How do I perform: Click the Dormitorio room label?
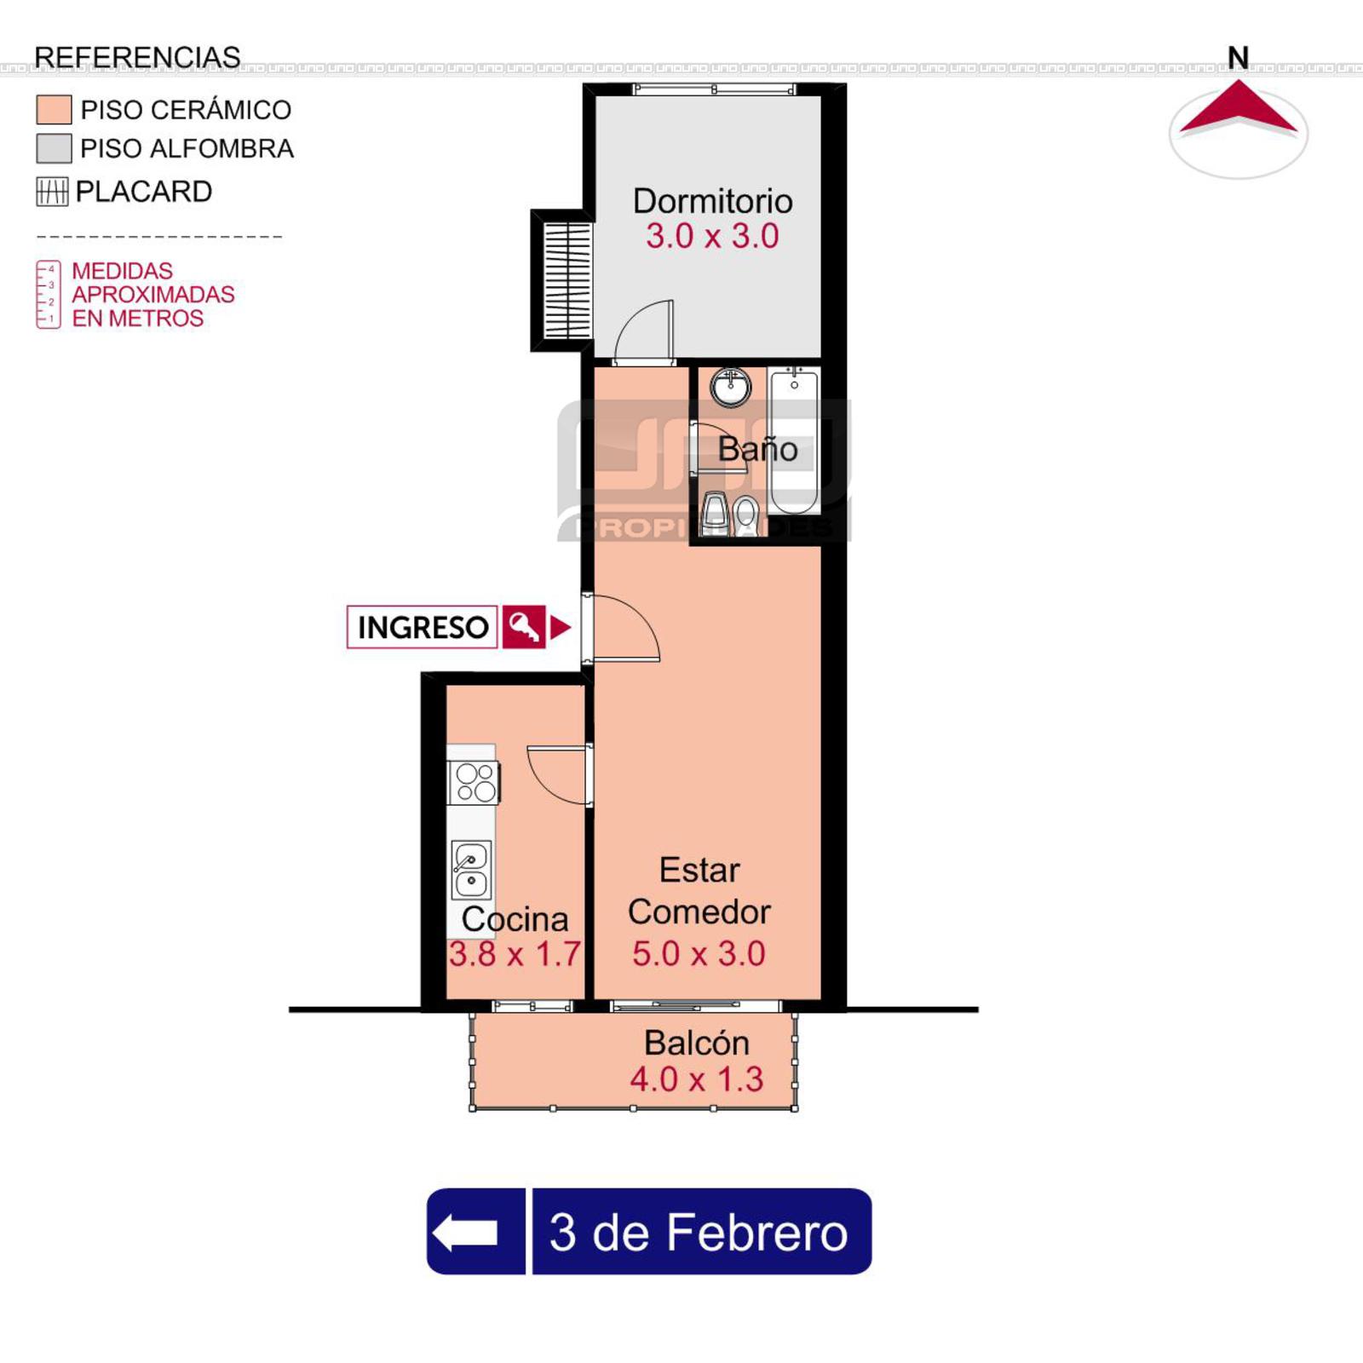tap(712, 202)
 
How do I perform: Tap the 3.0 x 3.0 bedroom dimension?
tap(712, 236)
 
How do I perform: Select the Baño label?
tap(757, 449)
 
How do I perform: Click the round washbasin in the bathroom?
tap(730, 388)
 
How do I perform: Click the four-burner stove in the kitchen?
tap(474, 782)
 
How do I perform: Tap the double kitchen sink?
tap(471, 870)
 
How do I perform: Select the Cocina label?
tap(515, 919)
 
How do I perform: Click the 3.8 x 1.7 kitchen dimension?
tap(515, 954)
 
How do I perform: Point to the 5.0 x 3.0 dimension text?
tap(699, 953)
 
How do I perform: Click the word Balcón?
tap(696, 1043)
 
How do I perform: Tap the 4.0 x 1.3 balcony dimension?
tap(696, 1079)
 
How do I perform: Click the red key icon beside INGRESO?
tap(523, 628)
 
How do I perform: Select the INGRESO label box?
tap(423, 628)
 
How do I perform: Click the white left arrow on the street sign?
tap(465, 1232)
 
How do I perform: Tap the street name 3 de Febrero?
tap(699, 1232)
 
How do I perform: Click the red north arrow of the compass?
tap(1238, 109)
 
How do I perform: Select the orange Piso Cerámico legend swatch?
tap(54, 110)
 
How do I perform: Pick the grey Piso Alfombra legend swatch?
tap(54, 148)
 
